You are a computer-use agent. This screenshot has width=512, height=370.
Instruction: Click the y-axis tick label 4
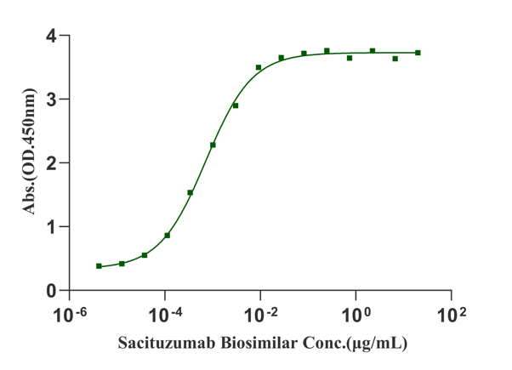[x=53, y=36]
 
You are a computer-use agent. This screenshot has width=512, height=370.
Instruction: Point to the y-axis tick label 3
[x=53, y=100]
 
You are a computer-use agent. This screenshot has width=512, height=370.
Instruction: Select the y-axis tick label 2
[x=53, y=163]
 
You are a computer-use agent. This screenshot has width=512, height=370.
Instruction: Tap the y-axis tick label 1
[x=53, y=227]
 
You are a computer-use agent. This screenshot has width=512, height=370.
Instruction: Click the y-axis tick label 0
[x=53, y=291]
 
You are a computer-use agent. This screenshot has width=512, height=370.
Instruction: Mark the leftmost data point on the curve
[x=100, y=266]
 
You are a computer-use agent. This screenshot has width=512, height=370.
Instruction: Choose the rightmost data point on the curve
[x=418, y=53]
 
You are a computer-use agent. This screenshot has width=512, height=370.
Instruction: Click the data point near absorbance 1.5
[x=191, y=193]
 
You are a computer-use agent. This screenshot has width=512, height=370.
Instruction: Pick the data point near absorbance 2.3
[x=213, y=145]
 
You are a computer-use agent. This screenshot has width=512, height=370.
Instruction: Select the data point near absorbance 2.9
[x=236, y=105]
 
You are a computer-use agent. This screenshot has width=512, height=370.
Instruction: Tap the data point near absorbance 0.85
[x=168, y=235]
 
